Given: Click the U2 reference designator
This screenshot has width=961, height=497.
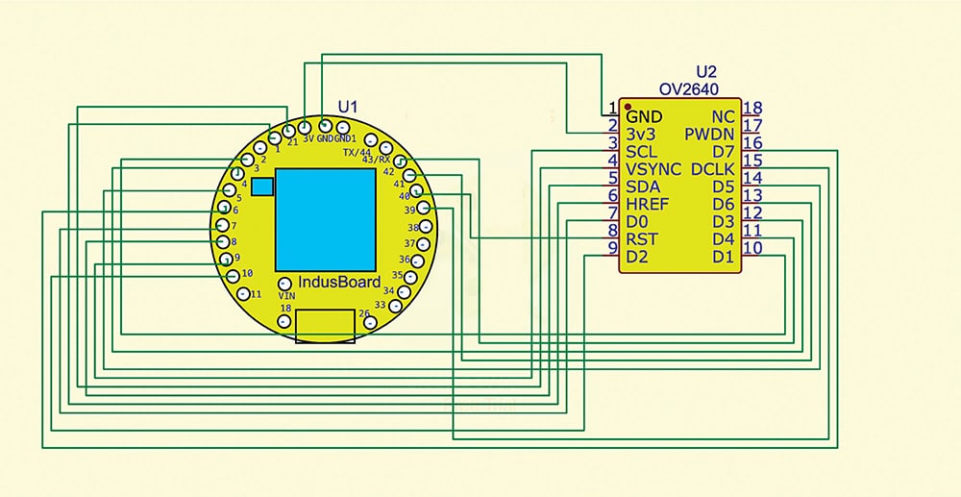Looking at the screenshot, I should [706, 72].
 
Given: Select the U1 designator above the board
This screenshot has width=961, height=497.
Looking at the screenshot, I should [347, 105].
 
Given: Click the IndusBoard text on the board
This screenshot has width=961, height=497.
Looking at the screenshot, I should [340, 283].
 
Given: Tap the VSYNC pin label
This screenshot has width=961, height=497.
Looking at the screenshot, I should [653, 169].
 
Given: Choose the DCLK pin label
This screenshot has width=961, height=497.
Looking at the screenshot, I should [712, 169].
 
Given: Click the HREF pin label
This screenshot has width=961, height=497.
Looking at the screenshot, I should [648, 205].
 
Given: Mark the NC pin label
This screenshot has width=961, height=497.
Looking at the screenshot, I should [724, 115].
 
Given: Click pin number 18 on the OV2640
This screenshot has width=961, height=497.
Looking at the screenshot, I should [752, 109].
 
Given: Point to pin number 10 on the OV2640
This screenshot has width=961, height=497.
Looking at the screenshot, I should [753, 249].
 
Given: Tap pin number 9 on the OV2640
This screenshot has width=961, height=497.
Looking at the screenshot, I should [612, 249].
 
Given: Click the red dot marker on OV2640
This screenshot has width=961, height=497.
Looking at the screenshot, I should [627, 105].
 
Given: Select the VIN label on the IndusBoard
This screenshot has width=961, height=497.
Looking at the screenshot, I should [286, 296].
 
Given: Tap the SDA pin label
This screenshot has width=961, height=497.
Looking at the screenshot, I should [642, 186].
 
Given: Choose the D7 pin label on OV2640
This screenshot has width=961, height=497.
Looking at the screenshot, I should [724, 151].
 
